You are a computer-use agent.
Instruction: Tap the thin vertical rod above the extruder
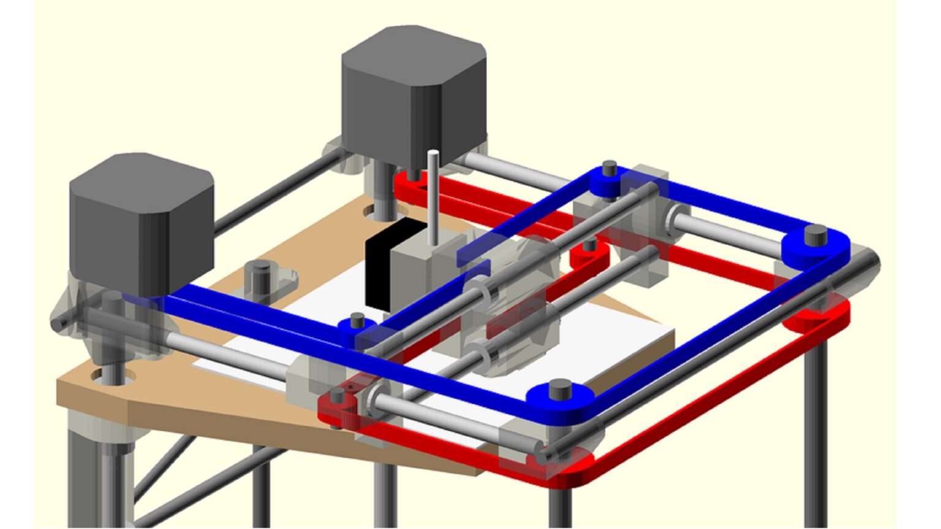tap(434, 196)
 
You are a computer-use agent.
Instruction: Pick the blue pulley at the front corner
tap(559, 398)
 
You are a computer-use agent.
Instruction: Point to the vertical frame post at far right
tap(815, 429)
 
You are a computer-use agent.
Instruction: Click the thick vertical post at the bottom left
tap(98, 478)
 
